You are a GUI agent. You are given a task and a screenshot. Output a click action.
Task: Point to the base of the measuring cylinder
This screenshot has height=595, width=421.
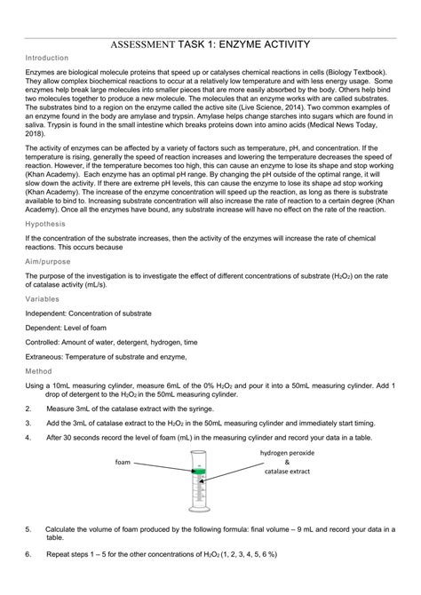point(203,512)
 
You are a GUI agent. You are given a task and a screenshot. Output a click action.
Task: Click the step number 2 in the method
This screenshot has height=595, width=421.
point(28,409)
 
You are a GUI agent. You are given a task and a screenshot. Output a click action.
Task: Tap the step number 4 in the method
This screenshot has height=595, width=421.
point(28,438)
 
